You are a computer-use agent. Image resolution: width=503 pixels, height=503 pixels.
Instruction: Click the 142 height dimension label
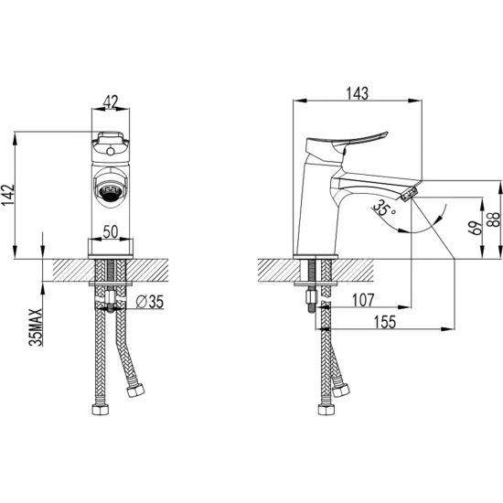point(9,195)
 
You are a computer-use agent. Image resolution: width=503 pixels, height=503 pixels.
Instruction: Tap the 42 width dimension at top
point(111,102)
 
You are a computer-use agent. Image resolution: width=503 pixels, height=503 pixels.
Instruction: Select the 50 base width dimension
point(111,231)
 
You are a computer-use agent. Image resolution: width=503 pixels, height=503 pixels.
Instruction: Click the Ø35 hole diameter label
point(150,302)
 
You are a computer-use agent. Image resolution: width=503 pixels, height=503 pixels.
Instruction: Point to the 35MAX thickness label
point(36,327)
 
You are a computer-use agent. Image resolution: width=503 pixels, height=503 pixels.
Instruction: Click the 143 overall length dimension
point(358,93)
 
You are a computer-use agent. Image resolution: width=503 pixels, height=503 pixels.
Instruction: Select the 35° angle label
point(384,209)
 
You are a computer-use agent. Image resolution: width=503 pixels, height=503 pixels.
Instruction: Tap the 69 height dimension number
point(477,228)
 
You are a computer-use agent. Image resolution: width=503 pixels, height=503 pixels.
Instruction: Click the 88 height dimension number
point(495,219)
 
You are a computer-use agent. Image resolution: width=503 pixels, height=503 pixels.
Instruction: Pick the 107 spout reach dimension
point(363,300)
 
